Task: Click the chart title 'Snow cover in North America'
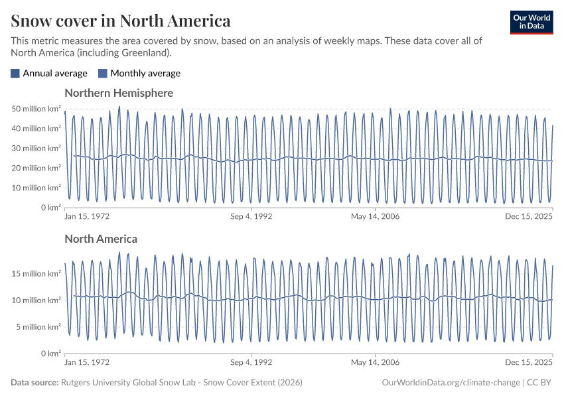pos(121,21)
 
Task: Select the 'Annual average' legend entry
pos(49,74)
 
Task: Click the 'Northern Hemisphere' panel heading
pos(119,93)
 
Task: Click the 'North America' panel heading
pos(101,239)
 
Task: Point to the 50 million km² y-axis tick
pos(36,109)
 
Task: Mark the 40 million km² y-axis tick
pos(36,129)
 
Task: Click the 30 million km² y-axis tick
pos(36,149)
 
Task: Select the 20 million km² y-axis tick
pos(36,168)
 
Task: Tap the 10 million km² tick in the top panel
pos(36,188)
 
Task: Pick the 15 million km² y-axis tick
pos(36,274)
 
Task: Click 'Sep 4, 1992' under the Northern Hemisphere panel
pos(251,216)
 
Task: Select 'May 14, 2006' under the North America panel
pos(376,362)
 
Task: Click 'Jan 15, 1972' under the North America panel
pos(87,362)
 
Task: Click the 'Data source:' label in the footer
pos(35,383)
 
